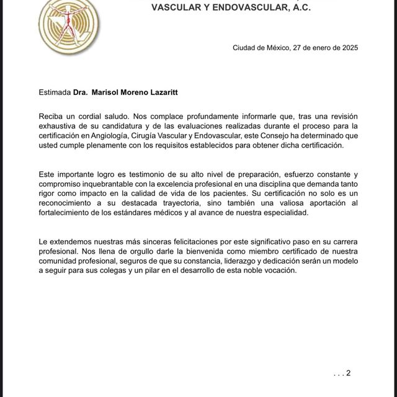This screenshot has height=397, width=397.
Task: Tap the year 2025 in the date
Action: pos(347,48)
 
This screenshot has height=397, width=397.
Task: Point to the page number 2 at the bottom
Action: pos(348,373)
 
